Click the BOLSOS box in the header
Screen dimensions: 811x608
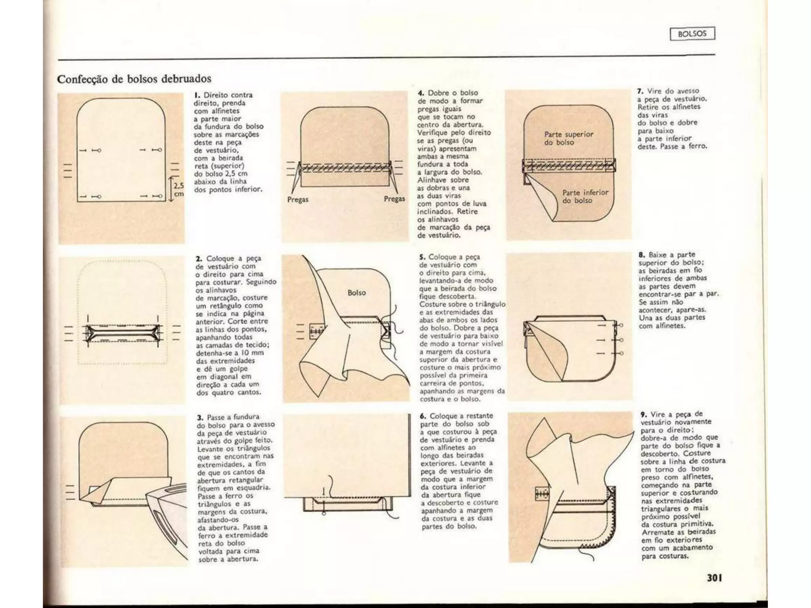[692, 34]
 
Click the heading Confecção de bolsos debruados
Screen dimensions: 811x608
[134, 79]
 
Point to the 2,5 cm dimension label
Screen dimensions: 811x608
[179, 189]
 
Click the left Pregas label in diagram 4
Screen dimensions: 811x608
[297, 199]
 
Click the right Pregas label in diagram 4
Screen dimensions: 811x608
[394, 199]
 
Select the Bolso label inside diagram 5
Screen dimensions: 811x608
[356, 293]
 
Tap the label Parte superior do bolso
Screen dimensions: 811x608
[568, 138]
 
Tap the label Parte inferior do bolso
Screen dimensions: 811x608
[585, 196]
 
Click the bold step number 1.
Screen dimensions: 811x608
[196, 95]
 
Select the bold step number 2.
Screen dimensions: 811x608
[199, 258]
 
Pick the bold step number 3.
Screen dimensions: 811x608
[200, 417]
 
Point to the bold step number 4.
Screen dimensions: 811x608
[421, 93]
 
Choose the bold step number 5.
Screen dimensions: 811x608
[422, 257]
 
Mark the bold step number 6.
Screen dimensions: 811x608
[423, 416]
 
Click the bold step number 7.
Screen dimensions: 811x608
[640, 91]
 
